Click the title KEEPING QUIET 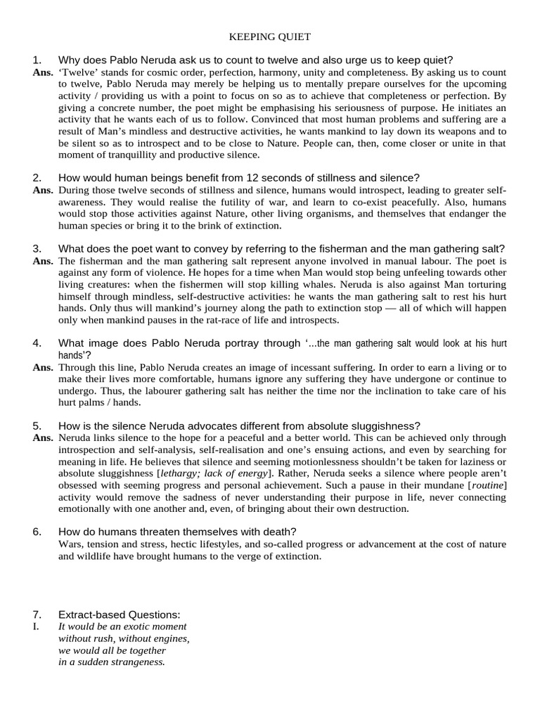[x=270, y=36]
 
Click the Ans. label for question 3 [x=43, y=261]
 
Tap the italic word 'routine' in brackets [x=487, y=485]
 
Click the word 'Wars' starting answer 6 [x=70, y=544]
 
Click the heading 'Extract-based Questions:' [x=119, y=615]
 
